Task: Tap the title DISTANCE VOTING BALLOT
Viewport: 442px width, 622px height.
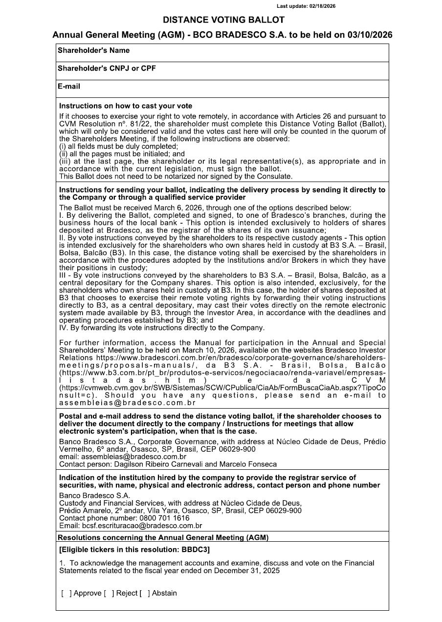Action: (x=223, y=20)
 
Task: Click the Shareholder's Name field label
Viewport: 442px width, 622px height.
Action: (x=93, y=50)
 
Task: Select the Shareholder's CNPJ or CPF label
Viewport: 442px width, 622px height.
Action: (x=107, y=69)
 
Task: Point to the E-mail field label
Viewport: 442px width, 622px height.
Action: (x=69, y=87)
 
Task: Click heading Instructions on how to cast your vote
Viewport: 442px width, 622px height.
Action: (x=126, y=106)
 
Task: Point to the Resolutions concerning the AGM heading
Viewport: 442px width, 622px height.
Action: (x=163, y=537)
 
